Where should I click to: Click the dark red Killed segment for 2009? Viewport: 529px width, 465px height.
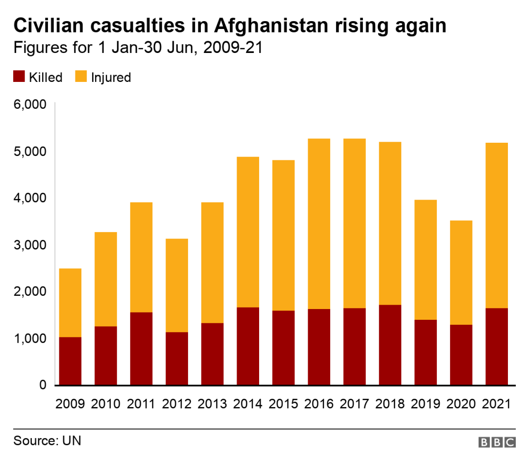click(x=70, y=361)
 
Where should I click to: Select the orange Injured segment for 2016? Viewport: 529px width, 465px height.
click(x=319, y=224)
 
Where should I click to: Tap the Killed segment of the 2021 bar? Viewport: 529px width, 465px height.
click(x=497, y=346)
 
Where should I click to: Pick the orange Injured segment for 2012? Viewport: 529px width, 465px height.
click(x=177, y=285)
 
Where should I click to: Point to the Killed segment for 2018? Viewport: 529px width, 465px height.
click(x=390, y=345)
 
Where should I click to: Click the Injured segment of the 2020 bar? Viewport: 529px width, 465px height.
click(x=461, y=273)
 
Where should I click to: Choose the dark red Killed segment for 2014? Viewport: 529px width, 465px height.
click(x=248, y=346)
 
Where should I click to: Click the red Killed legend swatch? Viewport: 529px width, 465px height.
click(x=19, y=77)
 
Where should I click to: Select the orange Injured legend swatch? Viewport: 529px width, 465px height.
click(x=81, y=77)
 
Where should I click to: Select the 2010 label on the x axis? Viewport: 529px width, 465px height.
click(x=106, y=404)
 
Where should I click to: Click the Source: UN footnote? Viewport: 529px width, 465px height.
click(x=47, y=440)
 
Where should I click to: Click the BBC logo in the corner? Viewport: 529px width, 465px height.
click(x=497, y=442)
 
